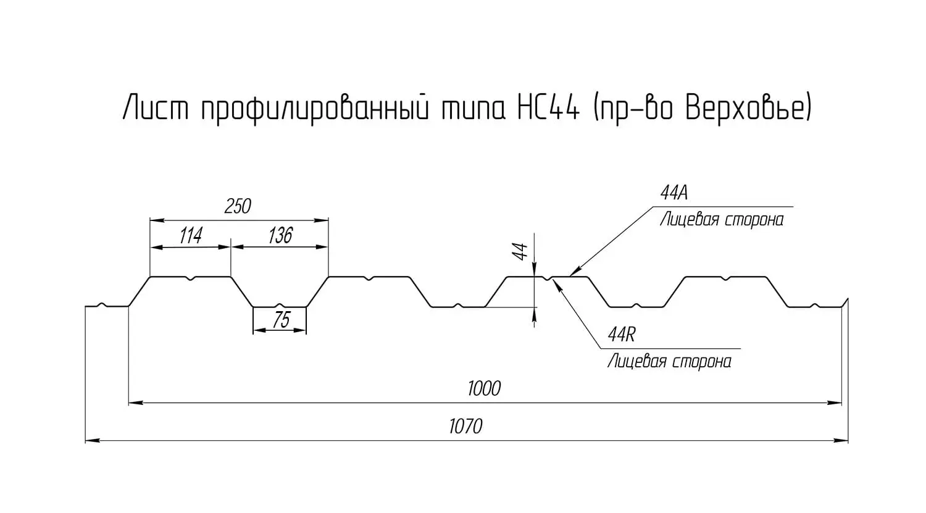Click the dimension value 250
coord(238,206)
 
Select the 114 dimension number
coord(191,236)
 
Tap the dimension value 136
coord(280,236)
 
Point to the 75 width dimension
coord(282,320)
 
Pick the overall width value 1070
coord(465,427)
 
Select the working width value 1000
coord(484,388)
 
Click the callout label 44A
coord(674,193)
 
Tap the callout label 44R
coord(621,335)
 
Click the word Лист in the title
coord(156,107)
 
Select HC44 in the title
coord(548,107)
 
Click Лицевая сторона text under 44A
coord(722,220)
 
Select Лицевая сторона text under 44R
coord(669,361)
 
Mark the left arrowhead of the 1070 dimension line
coord(92,441)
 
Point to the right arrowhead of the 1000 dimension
coord(835,402)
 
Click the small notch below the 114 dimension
coord(191,278)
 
